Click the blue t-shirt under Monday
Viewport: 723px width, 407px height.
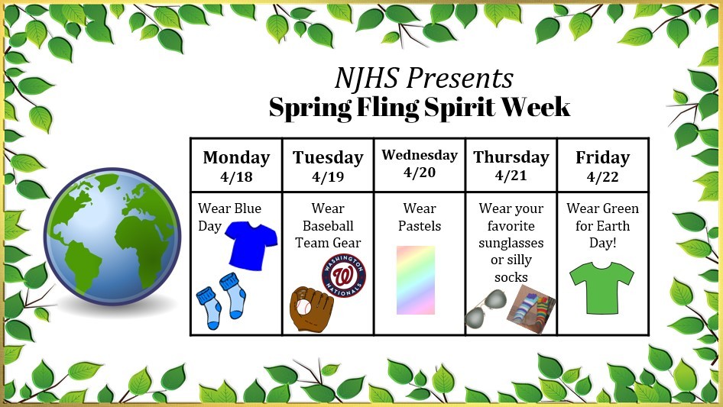(x=251, y=245)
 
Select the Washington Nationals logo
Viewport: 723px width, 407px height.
(x=343, y=275)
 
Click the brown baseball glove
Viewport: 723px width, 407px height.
(x=311, y=308)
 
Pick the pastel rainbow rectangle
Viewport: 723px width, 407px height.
(x=416, y=280)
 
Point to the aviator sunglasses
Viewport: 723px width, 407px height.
(x=485, y=308)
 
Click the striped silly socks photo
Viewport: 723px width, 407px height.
(x=531, y=308)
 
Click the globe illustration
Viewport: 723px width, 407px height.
(x=112, y=236)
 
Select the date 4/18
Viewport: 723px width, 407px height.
(x=236, y=176)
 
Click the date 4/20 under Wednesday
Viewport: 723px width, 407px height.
(x=419, y=173)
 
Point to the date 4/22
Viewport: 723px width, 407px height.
(x=602, y=176)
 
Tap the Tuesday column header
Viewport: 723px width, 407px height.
(x=328, y=157)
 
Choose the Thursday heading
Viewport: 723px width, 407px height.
(x=511, y=157)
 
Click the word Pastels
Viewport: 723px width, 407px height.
(x=420, y=226)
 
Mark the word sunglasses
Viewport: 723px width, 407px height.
(x=511, y=243)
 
